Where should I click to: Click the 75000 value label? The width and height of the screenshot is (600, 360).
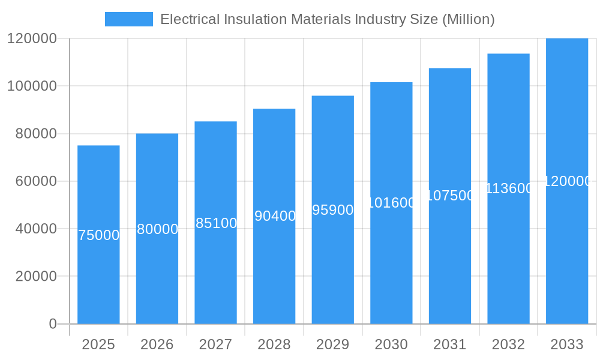pyautogui.click(x=99, y=235)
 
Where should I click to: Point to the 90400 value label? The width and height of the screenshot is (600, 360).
pyautogui.click(x=275, y=216)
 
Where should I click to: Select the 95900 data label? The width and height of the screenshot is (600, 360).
pyautogui.click(x=333, y=210)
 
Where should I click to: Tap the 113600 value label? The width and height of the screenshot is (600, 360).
pyautogui.click(x=509, y=188)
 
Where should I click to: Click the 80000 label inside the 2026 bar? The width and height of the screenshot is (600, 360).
pyautogui.click(x=157, y=229)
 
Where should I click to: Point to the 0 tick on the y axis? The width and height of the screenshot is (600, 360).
pyautogui.click(x=52, y=324)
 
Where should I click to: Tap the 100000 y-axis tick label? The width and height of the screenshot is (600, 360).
pyautogui.click(x=32, y=86)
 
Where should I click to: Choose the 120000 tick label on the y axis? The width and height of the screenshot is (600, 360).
pyautogui.click(x=32, y=38)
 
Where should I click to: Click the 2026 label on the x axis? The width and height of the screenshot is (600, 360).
pyautogui.click(x=157, y=344)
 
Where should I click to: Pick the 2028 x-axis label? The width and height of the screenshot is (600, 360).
pyautogui.click(x=274, y=344)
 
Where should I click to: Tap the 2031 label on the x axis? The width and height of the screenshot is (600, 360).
pyautogui.click(x=450, y=344)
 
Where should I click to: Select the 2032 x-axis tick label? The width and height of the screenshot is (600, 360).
pyautogui.click(x=508, y=344)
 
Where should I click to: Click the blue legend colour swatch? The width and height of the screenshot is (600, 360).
pyautogui.click(x=129, y=19)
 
